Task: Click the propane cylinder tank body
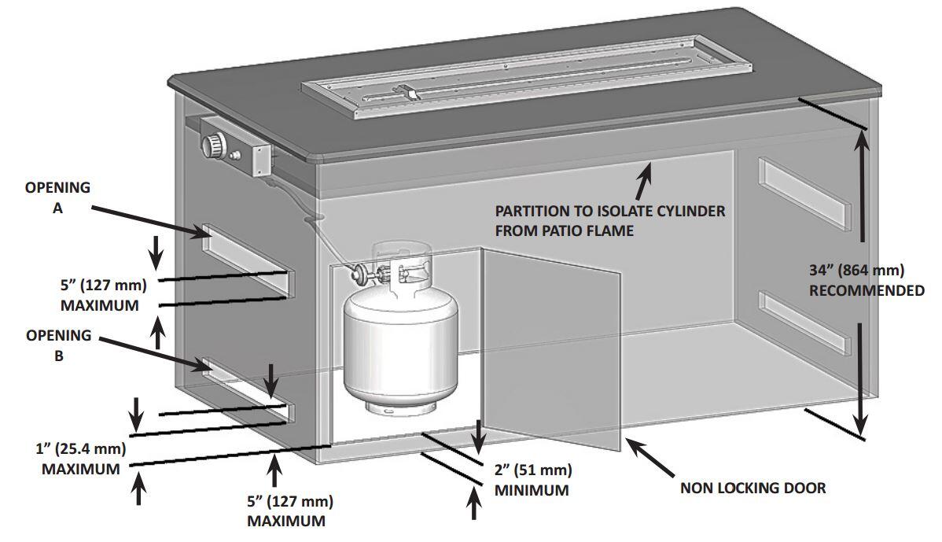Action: [x=399, y=342]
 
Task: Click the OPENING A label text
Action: [x=57, y=198]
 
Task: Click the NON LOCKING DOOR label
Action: [x=752, y=489]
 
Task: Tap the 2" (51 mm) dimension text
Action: [x=532, y=470]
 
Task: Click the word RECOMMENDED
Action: [x=867, y=290]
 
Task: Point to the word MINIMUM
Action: [x=532, y=491]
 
